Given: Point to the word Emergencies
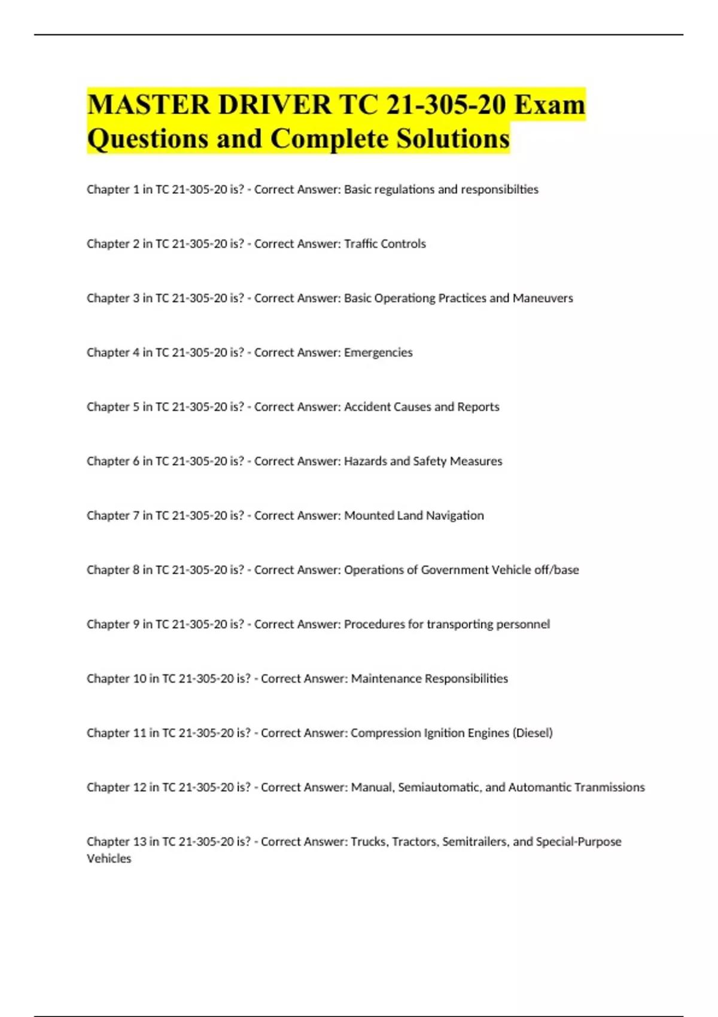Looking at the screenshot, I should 378,352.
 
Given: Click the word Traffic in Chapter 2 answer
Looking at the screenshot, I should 361,243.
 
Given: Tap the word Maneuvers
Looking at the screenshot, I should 543,298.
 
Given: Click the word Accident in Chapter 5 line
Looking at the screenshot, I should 366,407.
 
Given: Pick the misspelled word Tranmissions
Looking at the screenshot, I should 610,787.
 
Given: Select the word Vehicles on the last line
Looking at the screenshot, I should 109,858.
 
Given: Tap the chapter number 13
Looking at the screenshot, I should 139,842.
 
